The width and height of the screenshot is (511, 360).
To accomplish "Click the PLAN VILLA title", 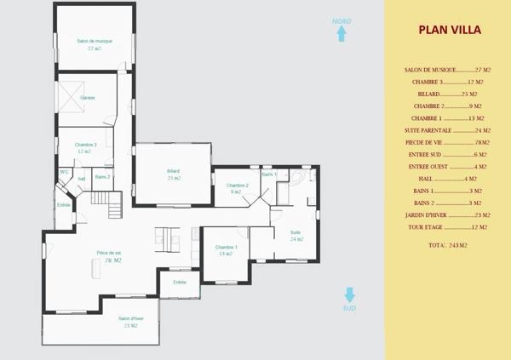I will coord(449,30).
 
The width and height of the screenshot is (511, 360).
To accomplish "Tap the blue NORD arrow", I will coord(342,33).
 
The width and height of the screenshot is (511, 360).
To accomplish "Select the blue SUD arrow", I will coord(349,294).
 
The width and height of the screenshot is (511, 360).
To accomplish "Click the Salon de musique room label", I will coord(95,41).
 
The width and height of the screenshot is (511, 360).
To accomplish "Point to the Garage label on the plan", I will coord(87,98).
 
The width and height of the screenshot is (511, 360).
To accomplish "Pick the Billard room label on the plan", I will coord(174,171).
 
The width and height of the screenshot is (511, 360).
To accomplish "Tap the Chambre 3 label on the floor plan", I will coord(85,145).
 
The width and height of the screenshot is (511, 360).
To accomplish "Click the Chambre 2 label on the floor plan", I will coord(237,185).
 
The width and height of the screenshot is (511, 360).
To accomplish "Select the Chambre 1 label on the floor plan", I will coord(226,247).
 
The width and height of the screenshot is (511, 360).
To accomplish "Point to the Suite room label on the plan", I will coord(296,232).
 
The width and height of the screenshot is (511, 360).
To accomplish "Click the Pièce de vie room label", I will coord(109,253).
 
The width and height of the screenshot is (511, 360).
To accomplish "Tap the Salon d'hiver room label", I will coord(131,319).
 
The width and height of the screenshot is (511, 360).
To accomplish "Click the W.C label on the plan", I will coord(64,173).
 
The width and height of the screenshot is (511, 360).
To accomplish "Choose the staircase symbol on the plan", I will coord(107,203).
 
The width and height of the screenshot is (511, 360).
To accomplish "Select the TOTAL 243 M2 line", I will coord(448,245).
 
